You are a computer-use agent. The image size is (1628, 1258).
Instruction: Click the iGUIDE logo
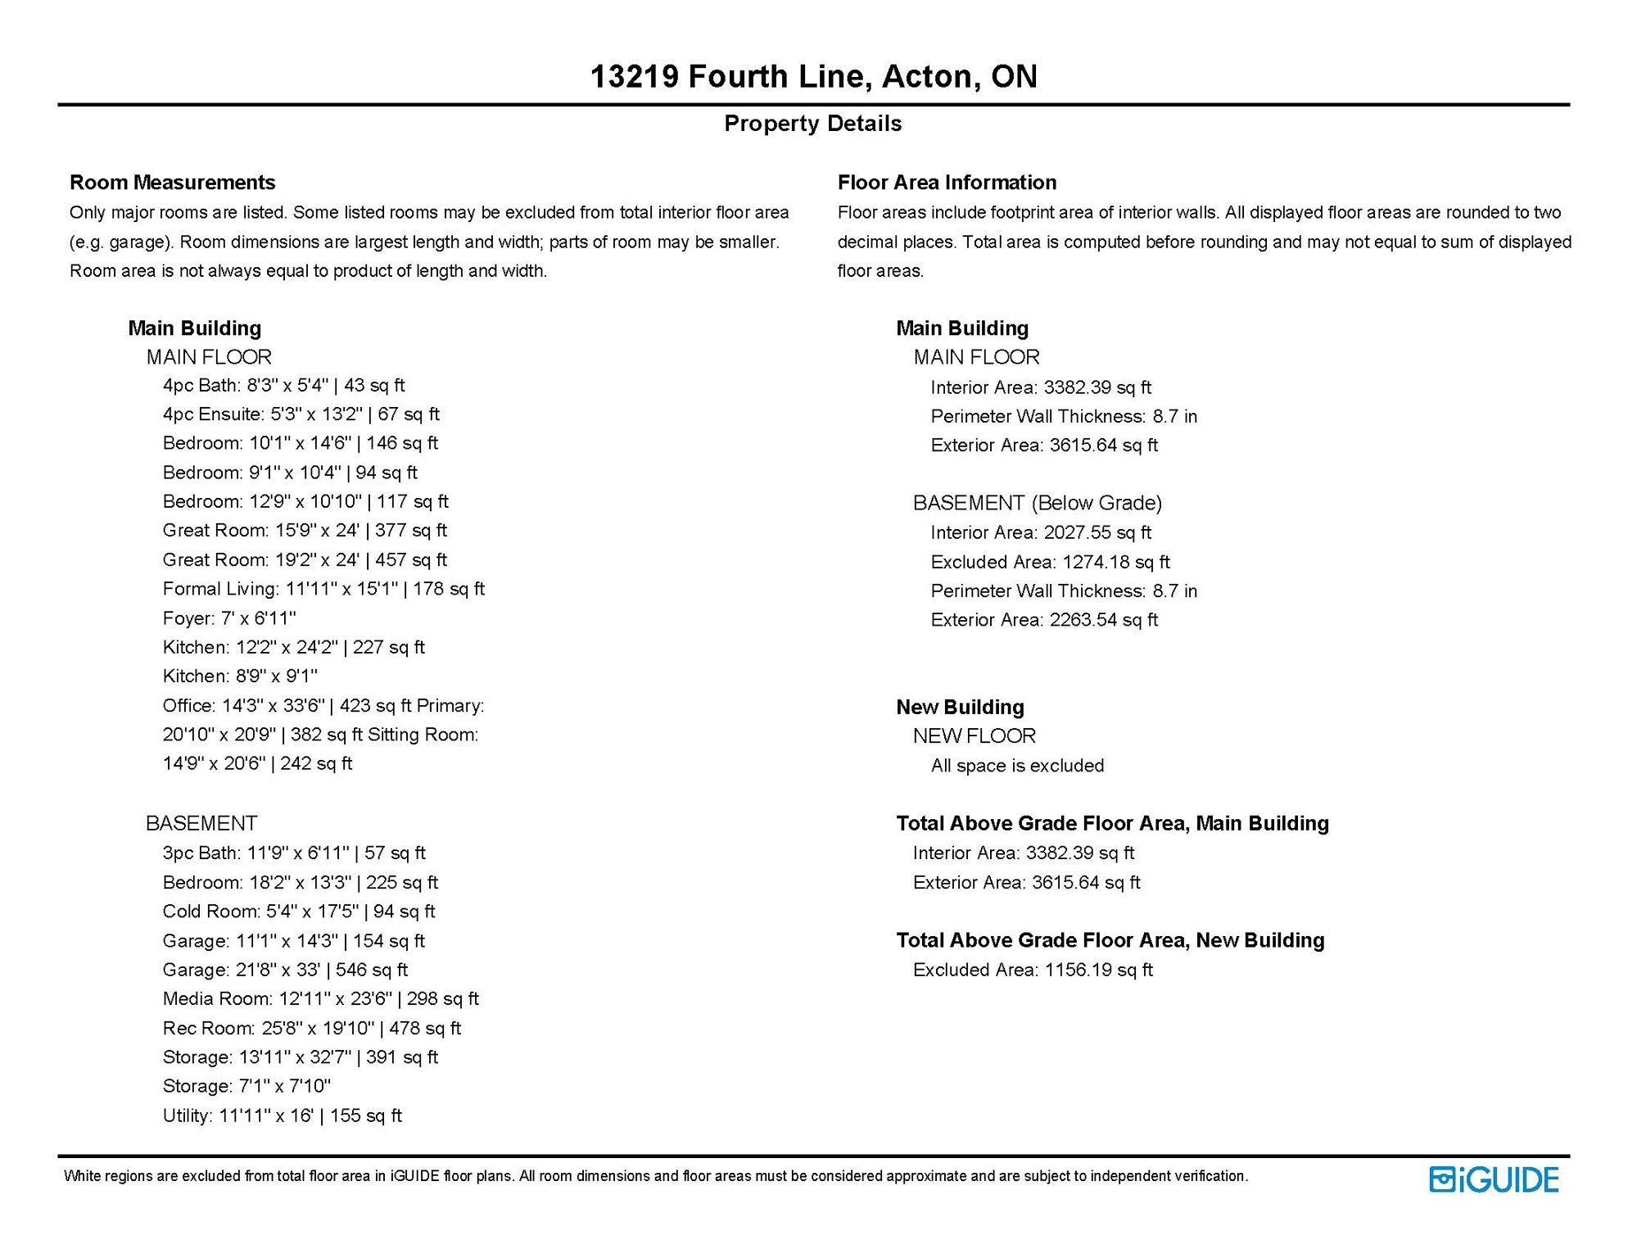click(x=1494, y=1179)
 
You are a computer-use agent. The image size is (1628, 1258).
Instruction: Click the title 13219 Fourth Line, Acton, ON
click(x=813, y=77)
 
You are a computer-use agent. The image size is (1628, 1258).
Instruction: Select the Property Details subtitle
click(x=813, y=124)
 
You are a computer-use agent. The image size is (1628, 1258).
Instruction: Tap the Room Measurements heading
click(x=172, y=183)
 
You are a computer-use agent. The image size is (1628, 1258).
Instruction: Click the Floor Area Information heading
click(x=947, y=183)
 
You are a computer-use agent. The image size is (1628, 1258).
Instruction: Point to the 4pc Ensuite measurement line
click(x=301, y=414)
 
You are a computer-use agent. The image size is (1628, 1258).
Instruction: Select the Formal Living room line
click(x=323, y=589)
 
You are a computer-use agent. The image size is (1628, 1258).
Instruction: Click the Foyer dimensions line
click(x=229, y=618)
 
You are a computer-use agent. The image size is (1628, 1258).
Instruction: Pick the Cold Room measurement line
click(x=299, y=912)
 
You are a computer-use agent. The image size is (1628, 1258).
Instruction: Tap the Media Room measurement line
click(x=320, y=999)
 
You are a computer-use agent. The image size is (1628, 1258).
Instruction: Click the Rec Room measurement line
click(x=311, y=1029)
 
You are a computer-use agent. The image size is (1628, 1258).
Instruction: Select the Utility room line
click(x=282, y=1115)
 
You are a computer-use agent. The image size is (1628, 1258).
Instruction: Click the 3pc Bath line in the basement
click(x=294, y=853)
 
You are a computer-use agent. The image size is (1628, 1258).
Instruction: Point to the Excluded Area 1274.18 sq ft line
click(x=1050, y=563)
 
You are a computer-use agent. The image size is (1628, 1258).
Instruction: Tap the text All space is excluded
click(x=1017, y=766)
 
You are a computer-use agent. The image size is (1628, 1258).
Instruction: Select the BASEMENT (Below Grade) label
click(x=1038, y=503)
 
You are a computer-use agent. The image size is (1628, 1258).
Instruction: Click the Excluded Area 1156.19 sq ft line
click(x=1033, y=971)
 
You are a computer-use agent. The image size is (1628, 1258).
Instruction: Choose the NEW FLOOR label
click(x=975, y=736)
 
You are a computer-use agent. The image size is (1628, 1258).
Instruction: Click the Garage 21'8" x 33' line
click(x=285, y=971)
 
